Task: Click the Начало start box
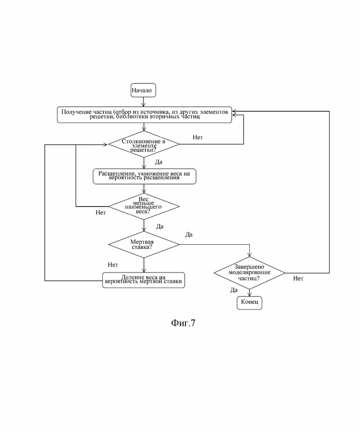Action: click(143, 90)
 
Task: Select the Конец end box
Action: click(249, 303)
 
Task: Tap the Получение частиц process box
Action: click(144, 115)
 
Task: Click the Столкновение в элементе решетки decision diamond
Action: click(144, 144)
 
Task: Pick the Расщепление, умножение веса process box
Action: click(144, 176)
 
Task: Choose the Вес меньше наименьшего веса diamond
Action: click(144, 207)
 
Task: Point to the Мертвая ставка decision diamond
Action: click(144, 244)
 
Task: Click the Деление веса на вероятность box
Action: click(144, 280)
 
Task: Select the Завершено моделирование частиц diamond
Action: click(249, 273)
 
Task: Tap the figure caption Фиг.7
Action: click(183, 323)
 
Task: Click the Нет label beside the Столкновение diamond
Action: click(198, 137)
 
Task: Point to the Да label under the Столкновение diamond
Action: click(159, 162)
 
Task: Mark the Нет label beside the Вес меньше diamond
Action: click(101, 213)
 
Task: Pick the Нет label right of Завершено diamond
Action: click(298, 278)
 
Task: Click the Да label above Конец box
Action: click(234, 290)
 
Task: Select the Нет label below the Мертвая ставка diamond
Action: click(113, 265)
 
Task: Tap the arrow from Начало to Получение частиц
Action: click(143, 102)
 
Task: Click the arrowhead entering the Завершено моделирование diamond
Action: click(249, 254)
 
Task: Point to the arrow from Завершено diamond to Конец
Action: click(249, 293)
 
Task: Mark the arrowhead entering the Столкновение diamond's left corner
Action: click(105, 145)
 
